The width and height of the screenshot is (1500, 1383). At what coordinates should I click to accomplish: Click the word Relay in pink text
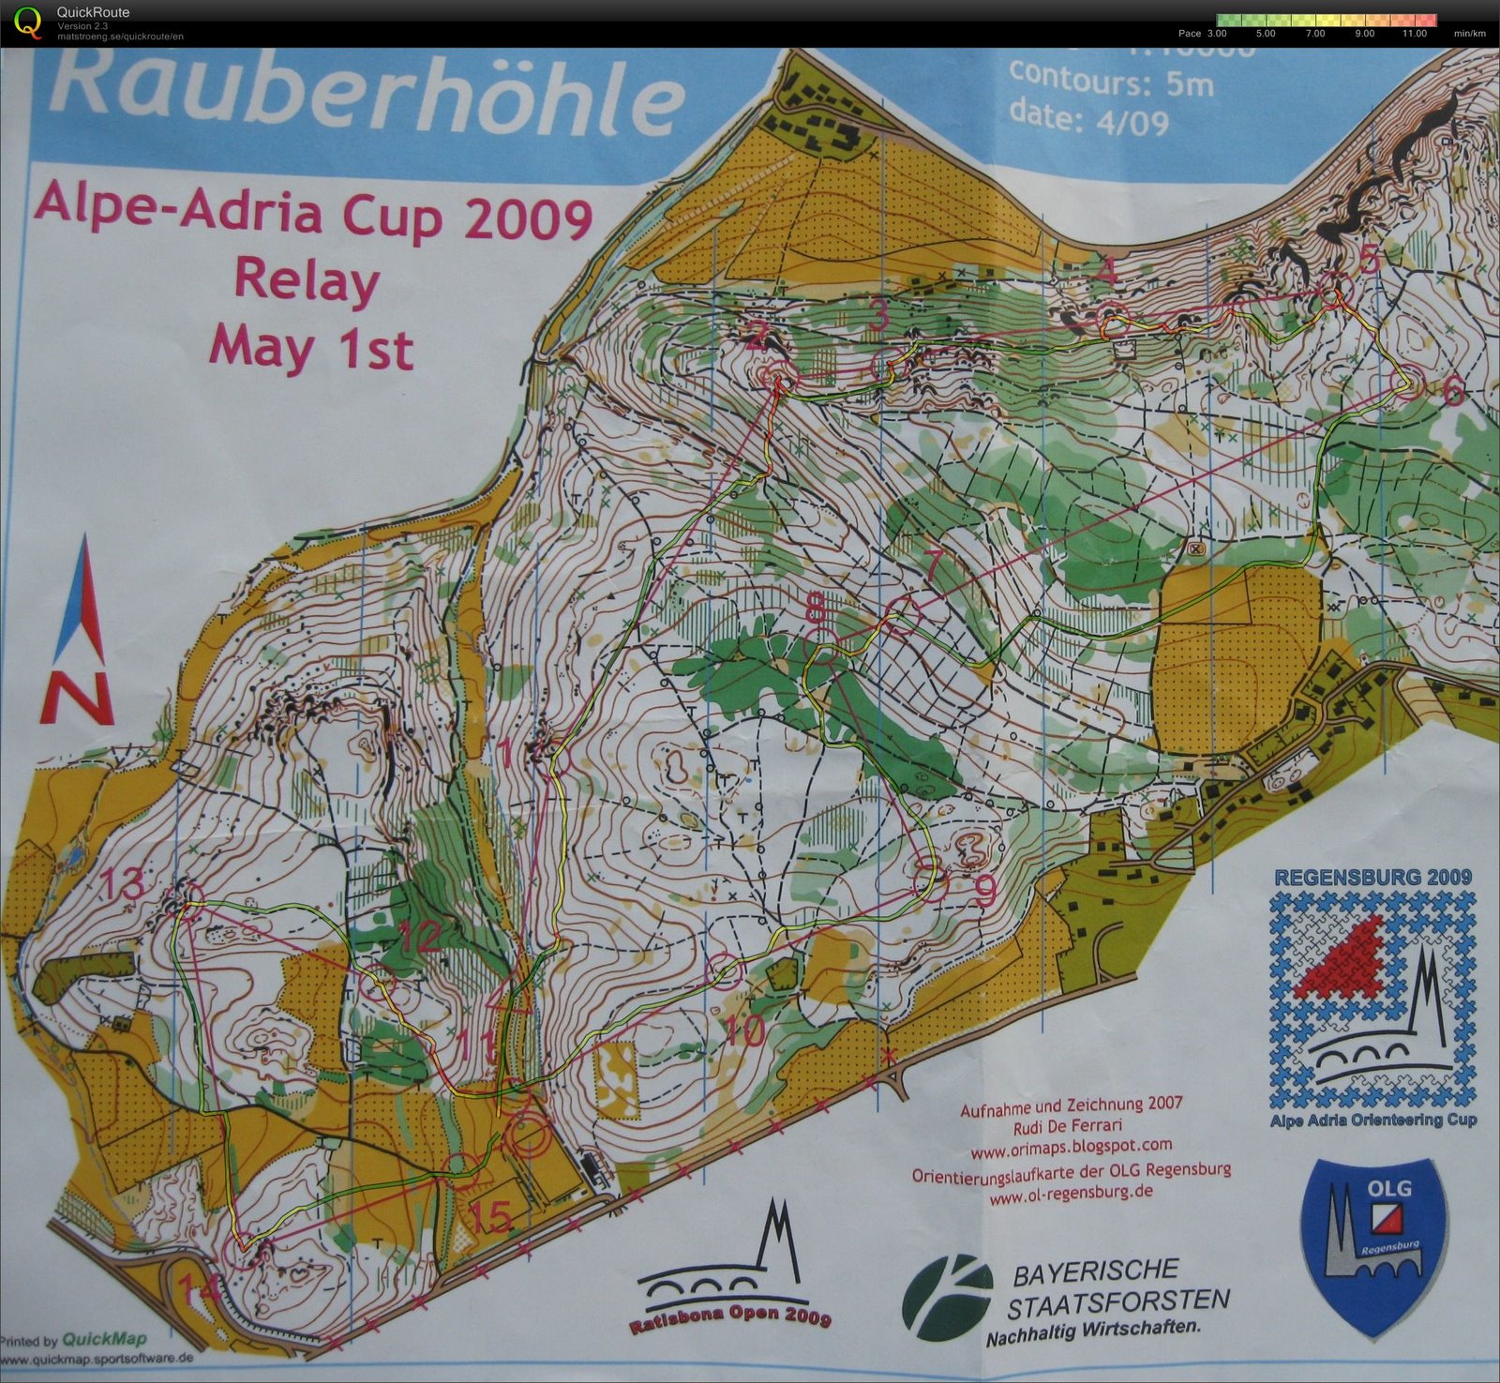pos(307,280)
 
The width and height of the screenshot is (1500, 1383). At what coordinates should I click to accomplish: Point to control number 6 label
pos(1452,390)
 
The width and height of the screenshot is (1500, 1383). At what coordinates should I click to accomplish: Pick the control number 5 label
pos(1370,258)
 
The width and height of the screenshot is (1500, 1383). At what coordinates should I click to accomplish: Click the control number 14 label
pos(200,1290)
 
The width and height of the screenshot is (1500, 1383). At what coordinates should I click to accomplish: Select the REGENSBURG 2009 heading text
pos(1372,878)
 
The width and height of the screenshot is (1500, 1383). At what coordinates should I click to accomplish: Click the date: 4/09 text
pos(1088,119)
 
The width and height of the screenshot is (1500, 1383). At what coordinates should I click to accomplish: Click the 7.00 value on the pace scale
pos(1314,34)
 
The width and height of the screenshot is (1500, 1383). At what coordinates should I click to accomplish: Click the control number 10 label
pos(745,1031)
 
